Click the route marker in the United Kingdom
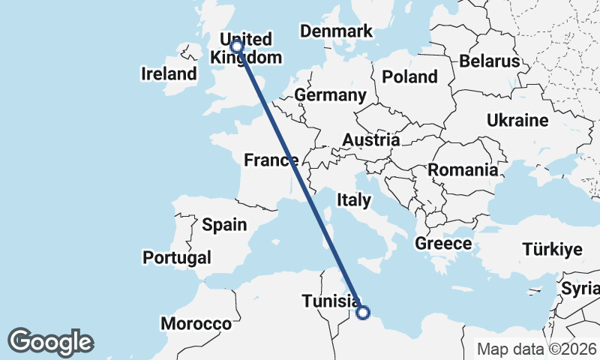pos(237,46)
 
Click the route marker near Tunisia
pos(363,313)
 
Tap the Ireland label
pos(169,74)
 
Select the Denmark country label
pos(336,31)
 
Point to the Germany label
pos(330,95)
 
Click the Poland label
pos(409,76)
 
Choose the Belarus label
pos(490,61)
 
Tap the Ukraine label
pos(517,120)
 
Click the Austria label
pos(370,140)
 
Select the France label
pos(271,160)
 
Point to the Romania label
pos(463,170)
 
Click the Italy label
pos(354,200)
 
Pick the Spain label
pos(224,224)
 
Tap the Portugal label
pos(177,257)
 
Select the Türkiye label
pos(552,250)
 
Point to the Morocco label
pos(196,324)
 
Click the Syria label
pos(581,288)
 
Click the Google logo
pos(50,342)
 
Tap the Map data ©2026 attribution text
pos(537,349)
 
